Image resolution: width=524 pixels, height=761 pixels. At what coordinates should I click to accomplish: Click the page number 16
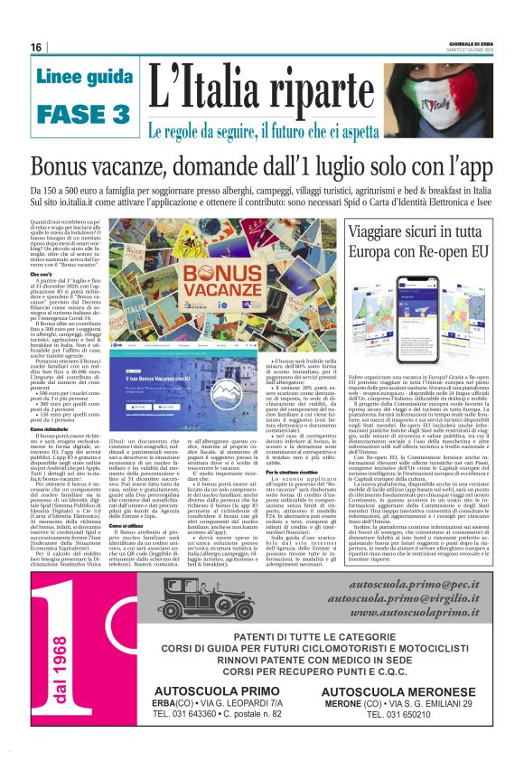click(37, 47)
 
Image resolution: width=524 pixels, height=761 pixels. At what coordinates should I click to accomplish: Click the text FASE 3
click(84, 114)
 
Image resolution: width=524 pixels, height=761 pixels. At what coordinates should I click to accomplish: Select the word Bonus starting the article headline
click(68, 168)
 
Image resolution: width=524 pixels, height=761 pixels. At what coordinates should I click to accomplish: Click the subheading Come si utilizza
click(130, 525)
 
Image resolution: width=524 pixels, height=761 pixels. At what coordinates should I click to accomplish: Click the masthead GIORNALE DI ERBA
click(469, 42)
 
